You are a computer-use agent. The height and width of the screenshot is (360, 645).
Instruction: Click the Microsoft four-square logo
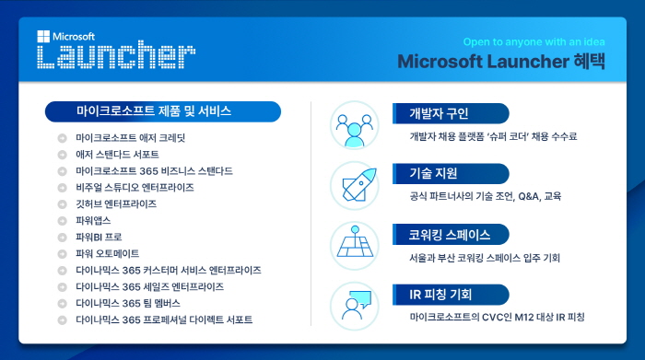pyautogui.click(x=41, y=37)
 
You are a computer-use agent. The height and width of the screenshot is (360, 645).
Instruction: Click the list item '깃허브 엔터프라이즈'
pyautogui.click(x=116, y=203)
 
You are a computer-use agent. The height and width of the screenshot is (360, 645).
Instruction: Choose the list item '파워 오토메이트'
pyautogui.click(x=107, y=253)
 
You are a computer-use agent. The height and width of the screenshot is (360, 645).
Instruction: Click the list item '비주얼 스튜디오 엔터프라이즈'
pyautogui.click(x=135, y=187)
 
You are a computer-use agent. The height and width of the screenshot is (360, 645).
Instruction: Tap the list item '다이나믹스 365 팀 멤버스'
pyautogui.click(x=128, y=303)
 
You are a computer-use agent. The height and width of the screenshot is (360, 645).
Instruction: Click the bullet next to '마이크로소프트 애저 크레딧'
pyautogui.click(x=62, y=137)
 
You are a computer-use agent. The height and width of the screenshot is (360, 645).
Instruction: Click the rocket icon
pyautogui.click(x=354, y=185)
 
